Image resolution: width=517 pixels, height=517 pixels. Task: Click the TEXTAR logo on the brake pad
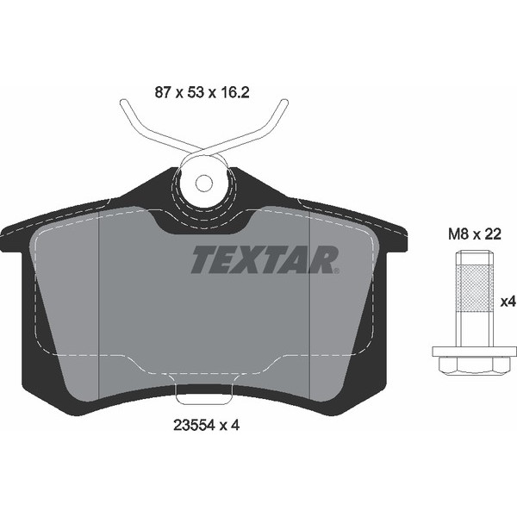pyautogui.click(x=264, y=258)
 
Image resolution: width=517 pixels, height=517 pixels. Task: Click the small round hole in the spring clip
pyautogui.click(x=204, y=184)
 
